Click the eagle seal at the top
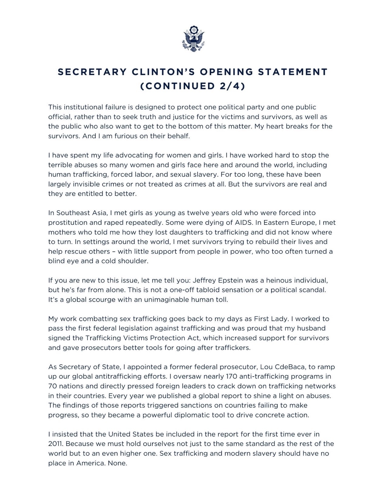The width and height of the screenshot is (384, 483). point(192,39)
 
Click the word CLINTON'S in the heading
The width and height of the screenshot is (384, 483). point(162,72)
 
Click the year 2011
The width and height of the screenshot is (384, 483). point(55,444)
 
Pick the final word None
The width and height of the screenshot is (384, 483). point(117,463)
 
